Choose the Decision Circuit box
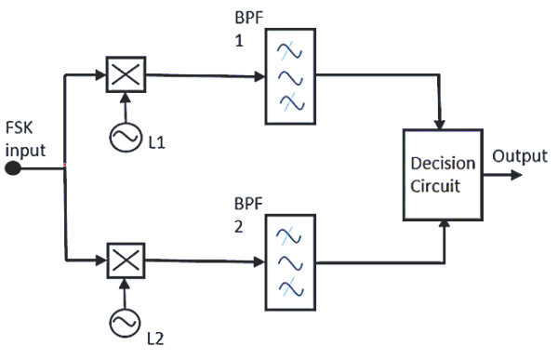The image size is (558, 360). pos(443,175)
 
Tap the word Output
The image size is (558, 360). pos(519,155)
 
